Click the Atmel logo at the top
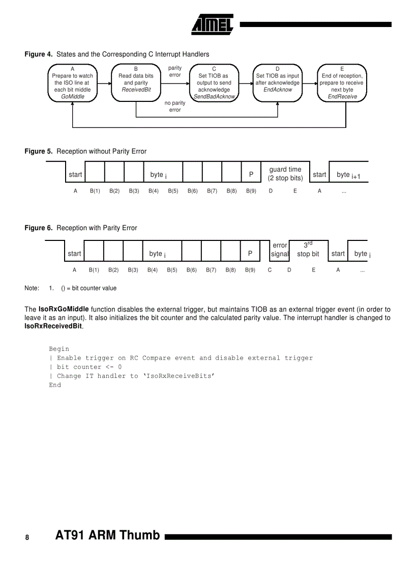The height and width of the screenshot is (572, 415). pyautogui.click(x=212, y=23)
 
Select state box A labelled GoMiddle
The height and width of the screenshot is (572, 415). pyautogui.click(x=73, y=83)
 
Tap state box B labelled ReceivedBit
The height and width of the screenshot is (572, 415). pyautogui.click(x=136, y=83)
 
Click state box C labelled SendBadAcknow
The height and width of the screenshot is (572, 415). pyautogui.click(x=214, y=83)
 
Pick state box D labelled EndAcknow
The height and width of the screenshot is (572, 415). pyautogui.click(x=278, y=83)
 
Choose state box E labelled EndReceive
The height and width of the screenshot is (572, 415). pyautogui.click(x=342, y=83)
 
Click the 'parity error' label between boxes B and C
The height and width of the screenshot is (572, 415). pyautogui.click(x=174, y=71)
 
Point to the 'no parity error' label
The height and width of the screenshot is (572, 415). pyautogui.click(x=174, y=106)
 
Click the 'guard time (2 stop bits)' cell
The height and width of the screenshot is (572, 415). pyautogui.click(x=285, y=174)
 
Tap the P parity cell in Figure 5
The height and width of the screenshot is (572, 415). pyautogui.click(x=251, y=174)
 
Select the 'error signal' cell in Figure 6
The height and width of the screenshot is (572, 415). pyautogui.click(x=280, y=250)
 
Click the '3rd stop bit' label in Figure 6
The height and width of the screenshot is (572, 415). pyautogui.click(x=308, y=250)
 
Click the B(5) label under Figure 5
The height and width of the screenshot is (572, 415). pyautogui.click(x=173, y=191)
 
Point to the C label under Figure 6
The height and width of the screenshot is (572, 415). pyautogui.click(x=270, y=270)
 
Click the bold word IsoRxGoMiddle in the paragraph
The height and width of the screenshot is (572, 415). pyautogui.click(x=64, y=309)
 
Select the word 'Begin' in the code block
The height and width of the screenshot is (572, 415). pyautogui.click(x=58, y=349)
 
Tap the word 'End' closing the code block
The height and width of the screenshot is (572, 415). pyautogui.click(x=55, y=385)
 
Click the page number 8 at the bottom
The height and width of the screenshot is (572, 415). pyautogui.click(x=27, y=537)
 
